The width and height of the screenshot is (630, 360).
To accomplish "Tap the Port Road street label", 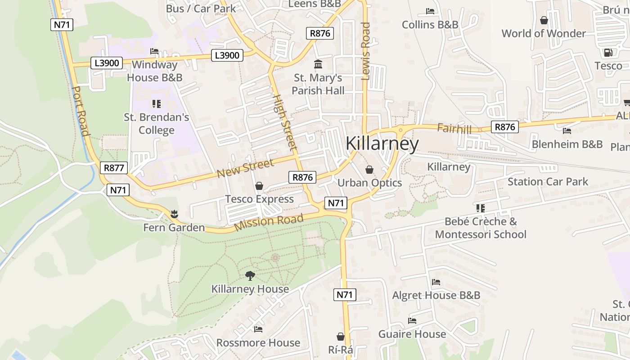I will (x=80, y=111).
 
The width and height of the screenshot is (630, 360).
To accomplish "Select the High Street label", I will (x=284, y=122).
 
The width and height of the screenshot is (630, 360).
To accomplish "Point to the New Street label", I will (x=245, y=168).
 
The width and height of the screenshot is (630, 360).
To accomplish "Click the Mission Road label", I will (x=269, y=222).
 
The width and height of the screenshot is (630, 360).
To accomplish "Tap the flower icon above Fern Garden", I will (x=174, y=214).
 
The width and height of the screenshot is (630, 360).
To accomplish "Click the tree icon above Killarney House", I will (x=250, y=275).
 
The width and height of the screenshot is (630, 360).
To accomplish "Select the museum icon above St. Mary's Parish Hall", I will (x=318, y=64).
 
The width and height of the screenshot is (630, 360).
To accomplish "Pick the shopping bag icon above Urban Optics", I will (x=369, y=170).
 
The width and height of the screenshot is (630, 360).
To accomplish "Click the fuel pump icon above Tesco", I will (x=608, y=53).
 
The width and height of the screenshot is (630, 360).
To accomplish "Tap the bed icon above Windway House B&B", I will (x=154, y=51).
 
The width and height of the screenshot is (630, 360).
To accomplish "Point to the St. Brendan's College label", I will (x=157, y=124).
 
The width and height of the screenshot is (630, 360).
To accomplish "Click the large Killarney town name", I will (x=382, y=144).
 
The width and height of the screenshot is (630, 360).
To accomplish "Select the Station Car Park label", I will (x=548, y=182).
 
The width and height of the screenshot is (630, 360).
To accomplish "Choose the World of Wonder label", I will (x=544, y=34).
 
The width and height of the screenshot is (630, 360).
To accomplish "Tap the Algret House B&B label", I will (x=436, y=296).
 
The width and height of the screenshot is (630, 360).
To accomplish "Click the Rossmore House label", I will (x=258, y=343).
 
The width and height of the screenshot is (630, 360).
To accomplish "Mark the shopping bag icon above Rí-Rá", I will (x=341, y=337).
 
